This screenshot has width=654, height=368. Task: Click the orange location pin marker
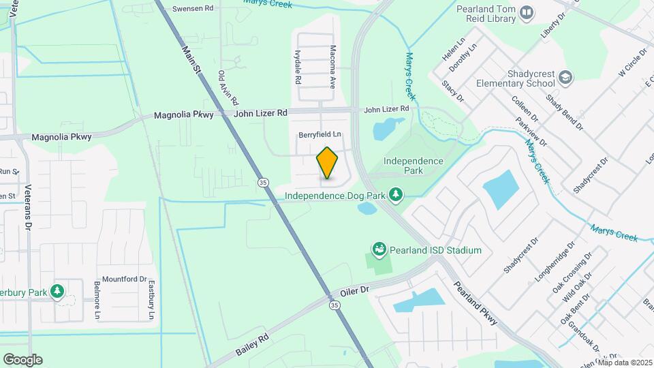tap(327, 162)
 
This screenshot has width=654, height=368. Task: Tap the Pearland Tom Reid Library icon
tap(527, 12)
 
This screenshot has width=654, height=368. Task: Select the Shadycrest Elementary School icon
tap(565, 78)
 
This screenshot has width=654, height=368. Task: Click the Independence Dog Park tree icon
tap(396, 196)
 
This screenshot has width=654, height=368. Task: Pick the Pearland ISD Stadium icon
tap(379, 250)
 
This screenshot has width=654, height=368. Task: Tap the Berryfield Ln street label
tap(320, 135)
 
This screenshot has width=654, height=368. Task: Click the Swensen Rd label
tap(193, 9)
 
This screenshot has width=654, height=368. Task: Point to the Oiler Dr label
tap(354, 290)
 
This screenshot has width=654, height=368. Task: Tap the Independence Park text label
tap(414, 166)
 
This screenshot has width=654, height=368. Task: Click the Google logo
tap(22, 359)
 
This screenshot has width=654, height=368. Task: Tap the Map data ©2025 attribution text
tap(625, 363)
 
